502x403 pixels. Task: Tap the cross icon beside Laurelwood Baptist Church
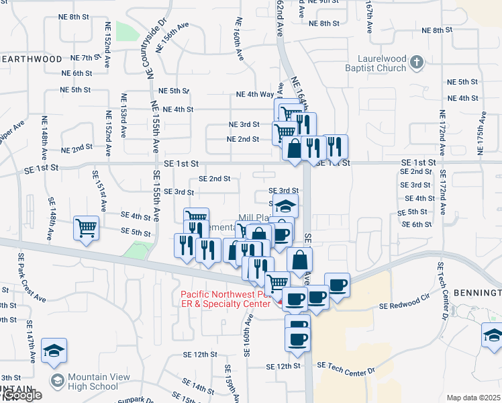pyautogui.click(x=417, y=63)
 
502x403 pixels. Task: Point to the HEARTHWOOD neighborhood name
pyautogui.click(x=31, y=59)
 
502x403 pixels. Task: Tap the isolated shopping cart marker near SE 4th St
pyautogui.click(x=87, y=228)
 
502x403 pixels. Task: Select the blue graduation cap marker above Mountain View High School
pyautogui.click(x=54, y=351)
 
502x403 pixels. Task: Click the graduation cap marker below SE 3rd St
pyautogui.click(x=287, y=206)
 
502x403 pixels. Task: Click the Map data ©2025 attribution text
pyautogui.click(x=473, y=398)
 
